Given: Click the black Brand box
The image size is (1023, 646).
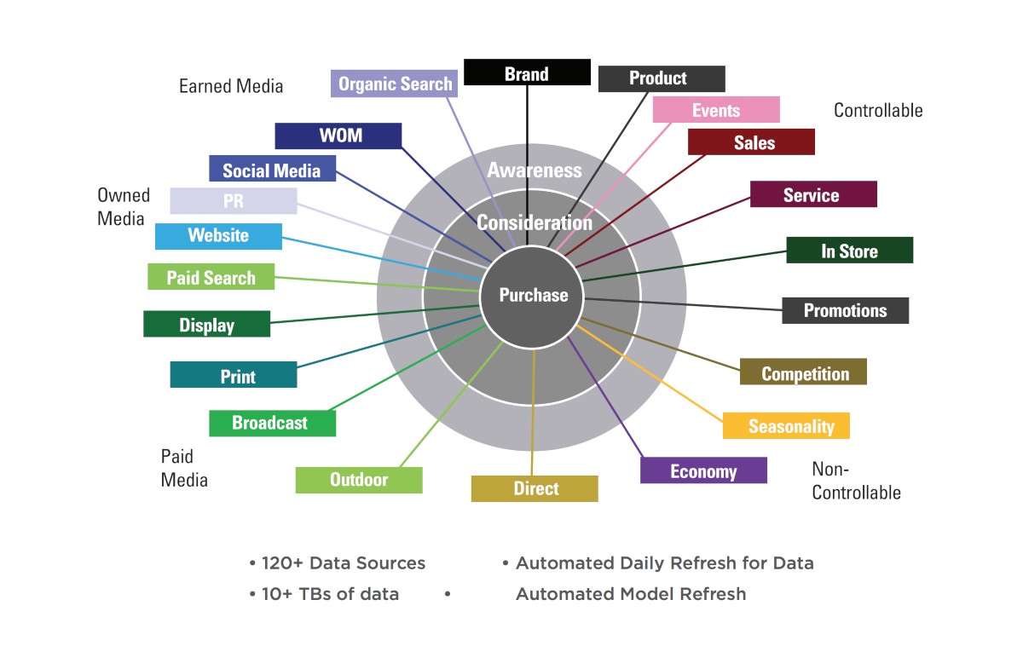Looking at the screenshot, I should tap(527, 72).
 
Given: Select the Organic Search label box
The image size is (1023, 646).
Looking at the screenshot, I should tap(394, 84).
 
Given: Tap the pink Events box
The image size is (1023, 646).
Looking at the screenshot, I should tap(716, 110).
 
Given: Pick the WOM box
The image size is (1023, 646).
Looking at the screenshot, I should tap(338, 136).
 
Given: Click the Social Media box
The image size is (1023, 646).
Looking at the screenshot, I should tap(272, 170).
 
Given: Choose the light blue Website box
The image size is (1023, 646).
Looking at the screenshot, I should tap(218, 236).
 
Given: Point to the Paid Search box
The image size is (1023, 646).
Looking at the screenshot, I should tap(211, 277).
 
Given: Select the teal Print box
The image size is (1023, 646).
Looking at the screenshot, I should tap(234, 376).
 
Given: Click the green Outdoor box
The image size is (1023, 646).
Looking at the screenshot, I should tap(359, 480).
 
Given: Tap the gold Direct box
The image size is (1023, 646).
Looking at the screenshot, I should tap(535, 488).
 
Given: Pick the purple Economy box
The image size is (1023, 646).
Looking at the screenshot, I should tap(703, 471).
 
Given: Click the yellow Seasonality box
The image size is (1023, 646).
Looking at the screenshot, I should tap(786, 426).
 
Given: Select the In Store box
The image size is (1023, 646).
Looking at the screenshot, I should tap(849, 251).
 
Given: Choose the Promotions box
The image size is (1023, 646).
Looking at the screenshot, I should tap(845, 310).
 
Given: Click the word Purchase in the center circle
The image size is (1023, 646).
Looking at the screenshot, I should tap(533, 296).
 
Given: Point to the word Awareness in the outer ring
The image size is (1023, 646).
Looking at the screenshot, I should tap(534, 170).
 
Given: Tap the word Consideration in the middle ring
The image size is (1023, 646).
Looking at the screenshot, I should tap(534, 223).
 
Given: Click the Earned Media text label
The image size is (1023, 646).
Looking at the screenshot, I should tap(231, 86).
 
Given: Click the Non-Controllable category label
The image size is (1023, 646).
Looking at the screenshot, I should tap(856, 481).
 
